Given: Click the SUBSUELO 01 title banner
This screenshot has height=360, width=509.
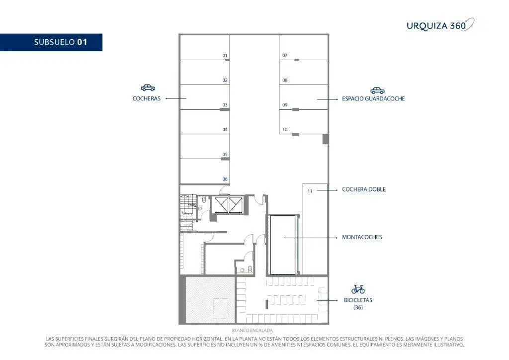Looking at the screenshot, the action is click(51, 42).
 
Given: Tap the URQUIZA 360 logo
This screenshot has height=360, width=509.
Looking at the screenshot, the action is click(440, 25).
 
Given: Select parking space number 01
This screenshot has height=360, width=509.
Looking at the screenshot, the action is click(205, 47).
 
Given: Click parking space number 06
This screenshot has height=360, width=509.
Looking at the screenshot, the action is click(205, 172).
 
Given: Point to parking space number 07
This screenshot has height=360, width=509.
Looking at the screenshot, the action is click(304, 47).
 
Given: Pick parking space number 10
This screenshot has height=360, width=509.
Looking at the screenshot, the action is click(304, 122).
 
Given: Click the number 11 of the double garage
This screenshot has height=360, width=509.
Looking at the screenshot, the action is click(310, 191).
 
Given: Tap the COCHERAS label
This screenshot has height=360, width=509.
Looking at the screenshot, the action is click(147, 98).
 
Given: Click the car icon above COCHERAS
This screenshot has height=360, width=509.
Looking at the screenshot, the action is click(148, 88).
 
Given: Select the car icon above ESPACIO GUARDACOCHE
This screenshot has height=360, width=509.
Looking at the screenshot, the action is click(377, 90).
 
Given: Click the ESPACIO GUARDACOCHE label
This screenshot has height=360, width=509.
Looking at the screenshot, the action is click(373, 98).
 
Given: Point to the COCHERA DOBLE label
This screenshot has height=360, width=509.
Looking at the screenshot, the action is click(364, 189).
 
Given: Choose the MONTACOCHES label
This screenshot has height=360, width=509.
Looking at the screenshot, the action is click(362, 237).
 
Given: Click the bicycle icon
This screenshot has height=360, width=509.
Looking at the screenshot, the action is click(358, 289).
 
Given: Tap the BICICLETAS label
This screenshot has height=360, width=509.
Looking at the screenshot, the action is click(358, 300).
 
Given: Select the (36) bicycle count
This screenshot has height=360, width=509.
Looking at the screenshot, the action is click(358, 307).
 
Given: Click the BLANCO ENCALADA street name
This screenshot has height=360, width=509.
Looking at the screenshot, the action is click(252, 331).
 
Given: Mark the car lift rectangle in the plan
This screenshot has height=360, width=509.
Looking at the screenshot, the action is click(283, 245).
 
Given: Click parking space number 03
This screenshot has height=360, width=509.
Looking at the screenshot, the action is click(205, 97).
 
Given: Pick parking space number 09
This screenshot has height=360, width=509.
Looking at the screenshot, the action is click(304, 97).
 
